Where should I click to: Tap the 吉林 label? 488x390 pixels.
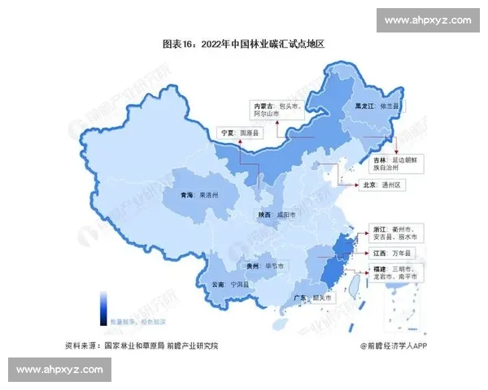379,162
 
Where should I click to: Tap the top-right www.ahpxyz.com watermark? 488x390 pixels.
427,19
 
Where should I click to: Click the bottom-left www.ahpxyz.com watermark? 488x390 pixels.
59,370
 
